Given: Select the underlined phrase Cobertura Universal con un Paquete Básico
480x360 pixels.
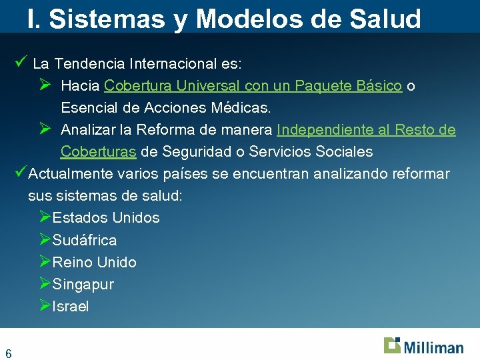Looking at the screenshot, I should click(x=253, y=86).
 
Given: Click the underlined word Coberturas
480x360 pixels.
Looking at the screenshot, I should click(x=99, y=152).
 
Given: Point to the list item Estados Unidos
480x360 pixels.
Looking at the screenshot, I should click(x=106, y=217).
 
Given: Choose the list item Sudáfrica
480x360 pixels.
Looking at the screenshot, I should click(x=85, y=240).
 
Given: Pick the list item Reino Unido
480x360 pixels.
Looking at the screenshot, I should click(x=94, y=262).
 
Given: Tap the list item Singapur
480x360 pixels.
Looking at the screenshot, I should click(x=83, y=285).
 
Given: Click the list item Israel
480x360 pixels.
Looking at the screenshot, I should click(x=71, y=307).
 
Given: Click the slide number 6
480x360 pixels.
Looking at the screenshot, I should click(x=9, y=353).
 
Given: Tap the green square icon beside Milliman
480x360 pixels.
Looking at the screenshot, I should click(x=392, y=345).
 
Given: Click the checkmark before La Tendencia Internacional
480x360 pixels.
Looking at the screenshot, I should click(x=20, y=63).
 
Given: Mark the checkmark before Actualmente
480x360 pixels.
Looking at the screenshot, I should click(x=20, y=173).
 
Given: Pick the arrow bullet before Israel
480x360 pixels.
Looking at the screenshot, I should click(x=45, y=306).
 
